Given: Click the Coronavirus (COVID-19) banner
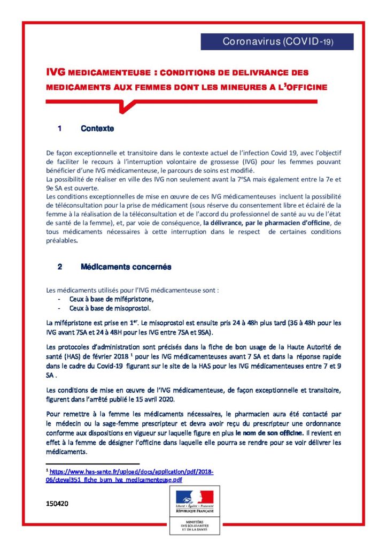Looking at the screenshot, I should [277, 42].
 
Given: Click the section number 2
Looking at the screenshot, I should [60, 267].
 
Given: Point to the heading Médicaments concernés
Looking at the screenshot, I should [126, 267].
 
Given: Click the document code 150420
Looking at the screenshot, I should [57, 504].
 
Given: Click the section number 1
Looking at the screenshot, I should [60, 129].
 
